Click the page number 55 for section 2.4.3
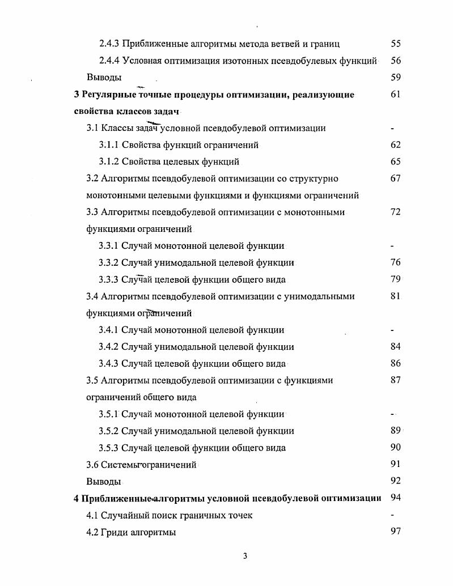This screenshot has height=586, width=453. (x=396, y=44)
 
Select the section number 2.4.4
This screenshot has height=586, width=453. (x=109, y=61)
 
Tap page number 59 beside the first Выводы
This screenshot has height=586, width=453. (x=396, y=77)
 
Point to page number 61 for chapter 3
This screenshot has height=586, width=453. (x=396, y=94)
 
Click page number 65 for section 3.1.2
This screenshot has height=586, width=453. (x=396, y=162)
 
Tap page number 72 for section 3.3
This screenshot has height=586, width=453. (x=396, y=212)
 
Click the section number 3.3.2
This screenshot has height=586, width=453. (x=109, y=262)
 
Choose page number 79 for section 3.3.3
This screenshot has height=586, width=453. (x=396, y=279)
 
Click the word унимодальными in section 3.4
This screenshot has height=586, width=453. (x=320, y=296)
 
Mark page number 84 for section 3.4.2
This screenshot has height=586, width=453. (x=396, y=346)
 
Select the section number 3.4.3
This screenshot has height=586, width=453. (x=109, y=364)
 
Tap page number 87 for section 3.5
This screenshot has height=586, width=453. (x=396, y=380)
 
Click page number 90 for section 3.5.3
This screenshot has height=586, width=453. (x=396, y=447)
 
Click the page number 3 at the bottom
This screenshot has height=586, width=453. (x=245, y=556)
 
